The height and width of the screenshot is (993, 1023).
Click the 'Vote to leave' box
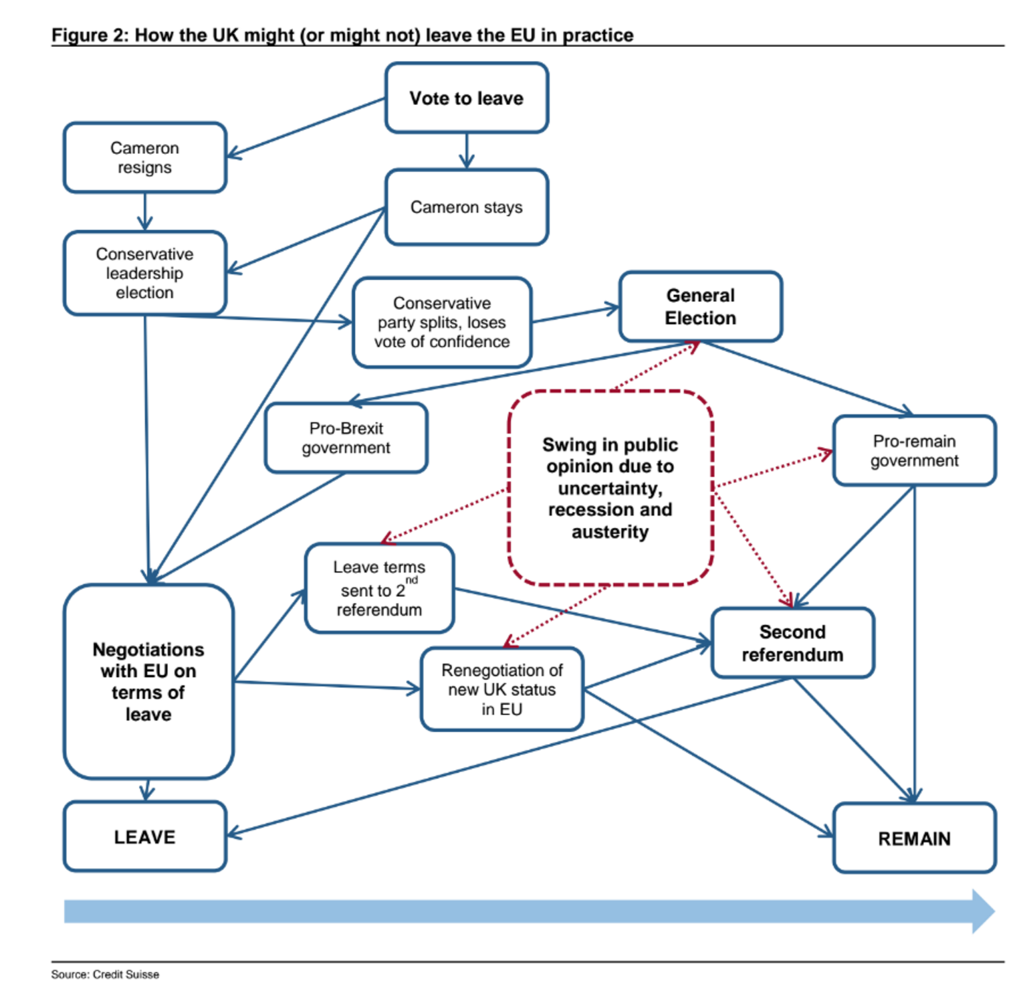click(467, 98)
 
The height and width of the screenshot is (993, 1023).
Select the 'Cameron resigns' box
click(145, 158)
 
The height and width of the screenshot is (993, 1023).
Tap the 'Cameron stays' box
click(467, 207)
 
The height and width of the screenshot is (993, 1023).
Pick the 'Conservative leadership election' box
click(145, 273)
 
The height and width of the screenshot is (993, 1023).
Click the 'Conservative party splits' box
click(442, 323)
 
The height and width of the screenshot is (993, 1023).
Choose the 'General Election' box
click(701, 306)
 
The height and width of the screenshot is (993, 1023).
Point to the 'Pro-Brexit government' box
click(346, 438)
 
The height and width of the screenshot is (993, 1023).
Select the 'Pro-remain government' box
click(914, 451)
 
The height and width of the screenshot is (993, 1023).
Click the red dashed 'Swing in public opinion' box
click(610, 488)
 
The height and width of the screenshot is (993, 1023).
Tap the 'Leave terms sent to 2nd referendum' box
click(379, 588)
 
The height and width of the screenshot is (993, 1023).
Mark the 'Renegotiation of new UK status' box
click(502, 689)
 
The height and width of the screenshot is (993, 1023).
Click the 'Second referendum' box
click(792, 643)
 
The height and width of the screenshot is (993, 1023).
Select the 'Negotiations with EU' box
click(148, 682)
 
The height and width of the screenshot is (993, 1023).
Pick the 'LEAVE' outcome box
click(145, 837)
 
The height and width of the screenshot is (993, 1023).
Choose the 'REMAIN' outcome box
click(914, 838)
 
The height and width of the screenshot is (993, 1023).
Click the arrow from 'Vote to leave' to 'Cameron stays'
click(467, 151)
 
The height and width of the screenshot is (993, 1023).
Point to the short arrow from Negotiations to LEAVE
click(147, 790)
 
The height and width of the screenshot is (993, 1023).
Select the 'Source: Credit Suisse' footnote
click(105, 974)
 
